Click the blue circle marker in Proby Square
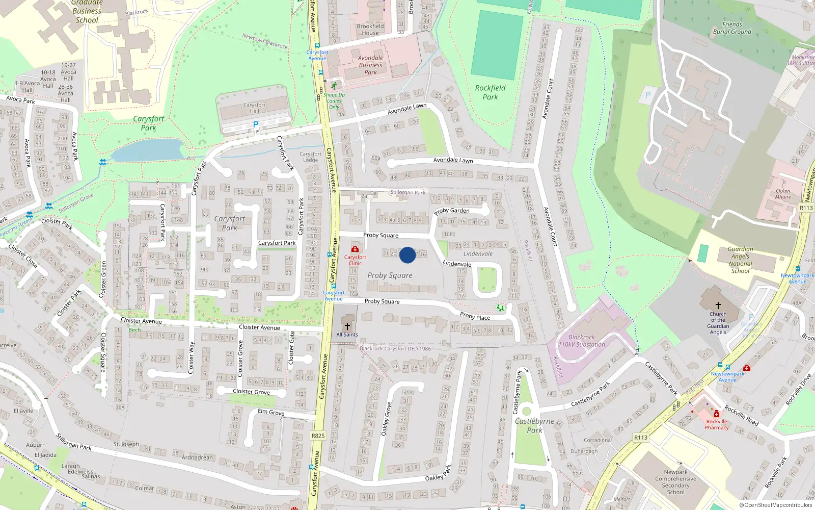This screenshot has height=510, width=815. coord(407,255)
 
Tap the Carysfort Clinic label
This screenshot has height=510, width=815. coord(355,260)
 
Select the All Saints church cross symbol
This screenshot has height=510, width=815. coord(347,326)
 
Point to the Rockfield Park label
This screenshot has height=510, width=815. coord(490,92)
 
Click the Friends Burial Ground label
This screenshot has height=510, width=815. coord(732,28)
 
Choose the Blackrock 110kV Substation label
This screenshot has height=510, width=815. coord(582,341)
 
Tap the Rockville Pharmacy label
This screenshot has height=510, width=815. coord(717,424)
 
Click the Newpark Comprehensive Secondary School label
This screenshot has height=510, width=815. coord(675,482)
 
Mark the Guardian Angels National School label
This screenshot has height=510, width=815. coord(740,260)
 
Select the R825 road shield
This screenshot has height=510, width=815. coord(318,436)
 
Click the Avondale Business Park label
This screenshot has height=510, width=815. coord(370,65)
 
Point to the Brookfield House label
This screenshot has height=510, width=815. coord(370,30)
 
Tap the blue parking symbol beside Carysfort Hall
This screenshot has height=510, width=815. coord(256,124)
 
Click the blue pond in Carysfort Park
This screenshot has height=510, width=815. coord(148,150)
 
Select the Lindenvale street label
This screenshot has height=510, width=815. coord(457,264)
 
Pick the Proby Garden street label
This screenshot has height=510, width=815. coord(452,211)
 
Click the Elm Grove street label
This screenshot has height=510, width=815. coord(271,412)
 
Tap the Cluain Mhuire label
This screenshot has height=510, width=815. coord(783,194)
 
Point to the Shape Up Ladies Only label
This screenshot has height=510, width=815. coord(334,100)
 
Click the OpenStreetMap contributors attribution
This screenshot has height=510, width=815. coord(775,505)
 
